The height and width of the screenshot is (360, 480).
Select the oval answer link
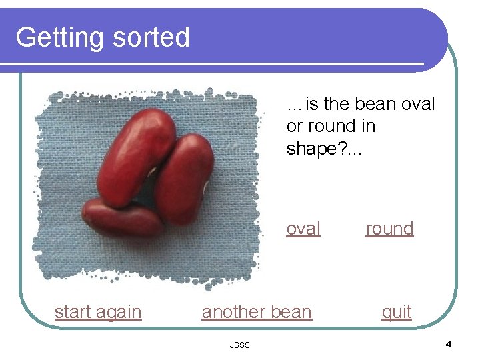pyautogui.click(x=303, y=229)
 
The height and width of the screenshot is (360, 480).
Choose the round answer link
pyautogui.click(x=389, y=229)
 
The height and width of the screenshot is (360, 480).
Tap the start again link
pyautogui.click(x=98, y=312)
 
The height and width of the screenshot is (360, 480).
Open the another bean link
pyautogui.click(x=257, y=312)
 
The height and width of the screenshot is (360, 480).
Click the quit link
pyautogui.click(x=396, y=312)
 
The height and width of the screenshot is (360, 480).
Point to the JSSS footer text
pyautogui.click(x=239, y=345)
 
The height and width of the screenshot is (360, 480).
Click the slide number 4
pyautogui.click(x=448, y=345)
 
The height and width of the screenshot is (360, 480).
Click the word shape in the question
pyautogui.click(x=315, y=149)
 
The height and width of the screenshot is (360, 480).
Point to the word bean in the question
pyautogui.click(x=375, y=105)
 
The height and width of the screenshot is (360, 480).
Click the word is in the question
pyautogui.click(x=312, y=105)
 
